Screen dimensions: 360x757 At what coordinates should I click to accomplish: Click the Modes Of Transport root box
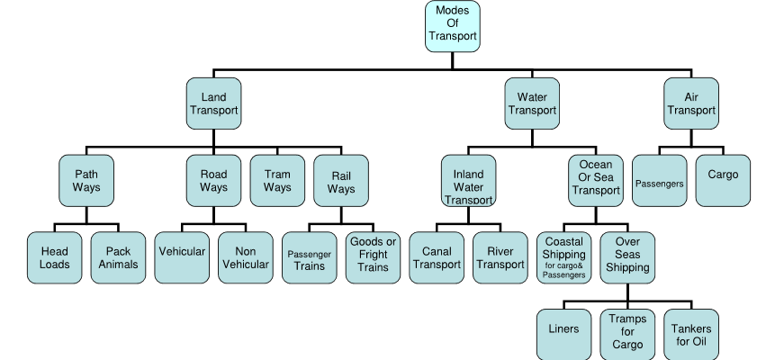[452, 25]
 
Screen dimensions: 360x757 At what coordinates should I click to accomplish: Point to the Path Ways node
[86, 181]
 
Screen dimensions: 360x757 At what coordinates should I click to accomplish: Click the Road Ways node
[213, 181]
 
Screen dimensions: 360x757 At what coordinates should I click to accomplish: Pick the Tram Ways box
[277, 181]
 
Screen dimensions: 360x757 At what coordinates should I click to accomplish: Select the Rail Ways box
[341, 181]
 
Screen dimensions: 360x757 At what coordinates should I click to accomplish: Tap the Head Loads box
[55, 258]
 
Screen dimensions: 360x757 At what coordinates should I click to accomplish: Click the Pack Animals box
[118, 258]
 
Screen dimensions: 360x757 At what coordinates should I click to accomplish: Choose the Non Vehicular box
[245, 258]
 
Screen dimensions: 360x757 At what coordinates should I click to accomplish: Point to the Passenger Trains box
[310, 258]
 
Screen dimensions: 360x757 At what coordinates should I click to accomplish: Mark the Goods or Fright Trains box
[373, 258]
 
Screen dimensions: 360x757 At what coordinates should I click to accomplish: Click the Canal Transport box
[437, 258]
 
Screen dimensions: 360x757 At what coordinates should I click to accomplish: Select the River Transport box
[500, 258]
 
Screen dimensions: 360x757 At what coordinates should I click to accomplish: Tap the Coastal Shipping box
[563, 258]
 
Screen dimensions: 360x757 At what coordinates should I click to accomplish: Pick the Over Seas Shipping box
[627, 258]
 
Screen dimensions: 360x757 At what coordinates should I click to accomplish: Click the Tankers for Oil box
[691, 335]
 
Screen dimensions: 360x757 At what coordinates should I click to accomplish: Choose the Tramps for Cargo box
[627, 335]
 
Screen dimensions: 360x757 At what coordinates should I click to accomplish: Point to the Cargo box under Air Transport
[723, 181]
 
